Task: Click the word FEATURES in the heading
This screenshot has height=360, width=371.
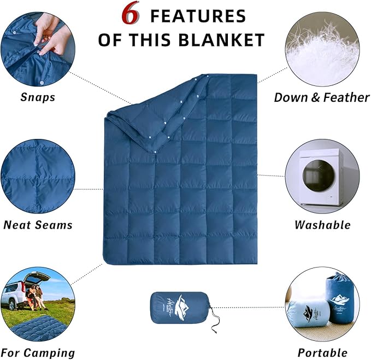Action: pos(198,16)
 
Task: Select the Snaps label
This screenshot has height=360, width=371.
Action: pos(38,97)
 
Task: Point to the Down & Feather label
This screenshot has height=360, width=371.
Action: pos(322,97)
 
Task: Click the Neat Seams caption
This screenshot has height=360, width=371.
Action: pos(38,224)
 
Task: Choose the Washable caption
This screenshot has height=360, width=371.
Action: pos(322,224)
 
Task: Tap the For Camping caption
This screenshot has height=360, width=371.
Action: pos(38,352)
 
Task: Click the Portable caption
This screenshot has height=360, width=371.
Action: pos(322,352)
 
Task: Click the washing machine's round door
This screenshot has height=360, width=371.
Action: pos(318,176)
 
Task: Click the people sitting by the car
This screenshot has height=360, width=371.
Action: pos(36,295)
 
